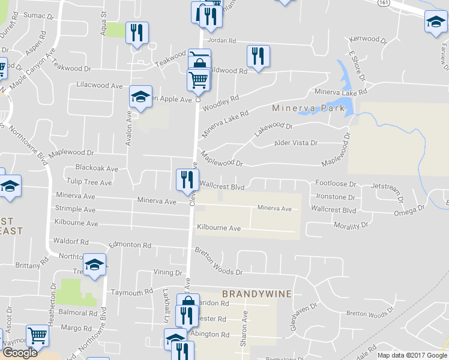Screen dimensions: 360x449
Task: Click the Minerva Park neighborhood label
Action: [x=309, y=109]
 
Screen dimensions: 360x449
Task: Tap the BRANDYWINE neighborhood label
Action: [x=257, y=294]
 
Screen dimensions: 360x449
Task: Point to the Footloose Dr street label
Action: [x=336, y=184]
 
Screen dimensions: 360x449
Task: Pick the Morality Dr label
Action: [x=351, y=226]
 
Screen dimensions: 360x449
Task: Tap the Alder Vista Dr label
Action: [x=295, y=143]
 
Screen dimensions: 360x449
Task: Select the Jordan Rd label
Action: [x=224, y=41]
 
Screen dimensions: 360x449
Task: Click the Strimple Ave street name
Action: [x=75, y=210]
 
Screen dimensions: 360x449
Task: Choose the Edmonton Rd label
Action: [x=129, y=245]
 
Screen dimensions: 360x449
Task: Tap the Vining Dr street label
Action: [x=167, y=272]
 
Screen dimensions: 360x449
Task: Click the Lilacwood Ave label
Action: [x=100, y=86]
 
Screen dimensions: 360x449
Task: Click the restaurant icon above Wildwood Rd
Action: [x=258, y=56]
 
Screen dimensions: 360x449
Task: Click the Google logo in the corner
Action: [x=19, y=353]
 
